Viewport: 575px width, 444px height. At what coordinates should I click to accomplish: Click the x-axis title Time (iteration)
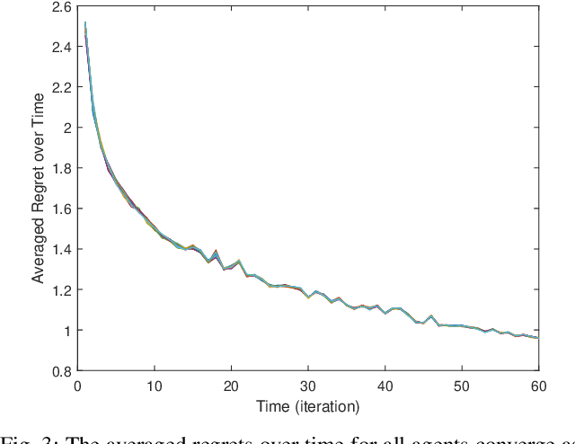pos(307,405)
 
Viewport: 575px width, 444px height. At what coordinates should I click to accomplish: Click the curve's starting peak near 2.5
pos(85,23)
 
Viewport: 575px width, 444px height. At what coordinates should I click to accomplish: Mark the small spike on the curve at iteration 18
pos(216,253)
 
